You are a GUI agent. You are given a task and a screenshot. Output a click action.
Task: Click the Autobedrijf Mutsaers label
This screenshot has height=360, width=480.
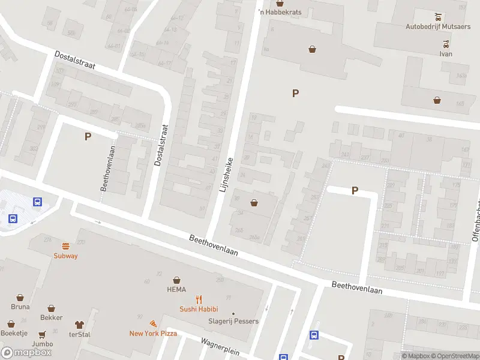(x=436, y=26)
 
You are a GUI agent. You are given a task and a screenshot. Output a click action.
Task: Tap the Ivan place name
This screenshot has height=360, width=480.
(x=445, y=53)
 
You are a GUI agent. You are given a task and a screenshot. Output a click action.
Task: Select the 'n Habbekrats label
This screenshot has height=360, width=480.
(x=279, y=12)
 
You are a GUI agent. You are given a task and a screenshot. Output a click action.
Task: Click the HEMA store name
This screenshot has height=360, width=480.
(x=176, y=289)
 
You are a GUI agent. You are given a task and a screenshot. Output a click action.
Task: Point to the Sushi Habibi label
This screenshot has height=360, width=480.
(x=199, y=309)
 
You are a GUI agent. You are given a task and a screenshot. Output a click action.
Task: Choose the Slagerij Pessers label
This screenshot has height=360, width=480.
(x=234, y=321)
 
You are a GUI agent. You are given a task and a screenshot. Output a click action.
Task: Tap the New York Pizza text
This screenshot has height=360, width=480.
(x=153, y=333)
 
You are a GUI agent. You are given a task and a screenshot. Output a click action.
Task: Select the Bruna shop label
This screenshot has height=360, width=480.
(x=20, y=307)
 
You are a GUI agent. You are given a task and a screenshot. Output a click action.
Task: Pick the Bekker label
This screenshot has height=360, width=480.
(x=51, y=317)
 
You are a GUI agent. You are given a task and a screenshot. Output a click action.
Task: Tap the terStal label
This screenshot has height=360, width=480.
(x=79, y=334)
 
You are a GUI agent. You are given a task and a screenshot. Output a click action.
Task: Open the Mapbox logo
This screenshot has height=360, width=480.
(x=26, y=353)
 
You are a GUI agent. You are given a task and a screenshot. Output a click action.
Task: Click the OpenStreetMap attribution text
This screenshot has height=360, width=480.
(x=454, y=356)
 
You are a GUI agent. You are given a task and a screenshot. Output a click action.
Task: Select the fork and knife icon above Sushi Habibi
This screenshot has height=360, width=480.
(x=199, y=299)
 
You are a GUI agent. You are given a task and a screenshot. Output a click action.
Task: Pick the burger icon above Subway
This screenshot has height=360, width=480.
(x=65, y=245)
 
